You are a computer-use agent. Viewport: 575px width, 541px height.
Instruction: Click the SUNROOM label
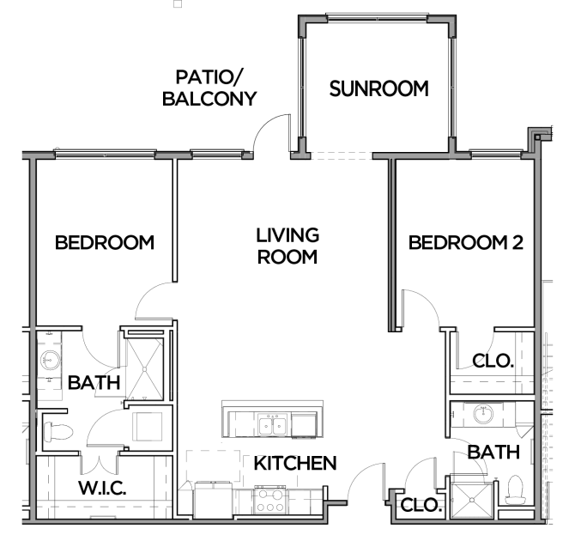378,88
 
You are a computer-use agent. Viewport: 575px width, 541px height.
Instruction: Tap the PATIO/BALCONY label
209,88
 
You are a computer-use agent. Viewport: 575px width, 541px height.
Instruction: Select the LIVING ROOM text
287,246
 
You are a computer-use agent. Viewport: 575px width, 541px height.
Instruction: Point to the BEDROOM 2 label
466,243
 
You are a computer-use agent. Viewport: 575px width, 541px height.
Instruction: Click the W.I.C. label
102,488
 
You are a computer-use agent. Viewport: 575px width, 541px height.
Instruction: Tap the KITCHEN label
295,463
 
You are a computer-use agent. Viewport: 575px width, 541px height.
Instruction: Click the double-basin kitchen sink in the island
272,425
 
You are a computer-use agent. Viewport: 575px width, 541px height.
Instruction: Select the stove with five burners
270,500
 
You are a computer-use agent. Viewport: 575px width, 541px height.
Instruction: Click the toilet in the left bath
58,432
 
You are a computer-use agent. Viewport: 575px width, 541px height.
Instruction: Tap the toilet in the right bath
515,489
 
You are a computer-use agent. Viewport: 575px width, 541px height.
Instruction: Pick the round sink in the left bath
51,361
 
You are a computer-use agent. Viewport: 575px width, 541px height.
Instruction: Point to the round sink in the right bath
483,414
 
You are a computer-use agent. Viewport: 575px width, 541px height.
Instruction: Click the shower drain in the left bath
144,369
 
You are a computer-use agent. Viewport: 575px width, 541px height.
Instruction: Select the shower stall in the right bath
472,500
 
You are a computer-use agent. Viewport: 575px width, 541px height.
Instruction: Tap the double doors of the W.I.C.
99,465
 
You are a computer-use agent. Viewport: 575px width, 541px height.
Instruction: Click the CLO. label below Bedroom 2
493,362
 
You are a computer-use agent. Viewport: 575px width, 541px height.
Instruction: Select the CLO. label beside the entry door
421,505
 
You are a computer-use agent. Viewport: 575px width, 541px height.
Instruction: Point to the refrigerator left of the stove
213,500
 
